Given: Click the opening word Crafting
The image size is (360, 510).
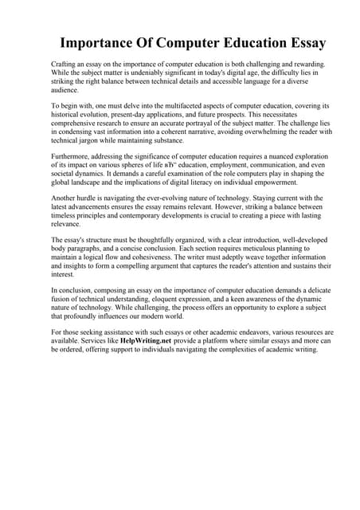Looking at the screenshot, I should (x=66, y=62).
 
